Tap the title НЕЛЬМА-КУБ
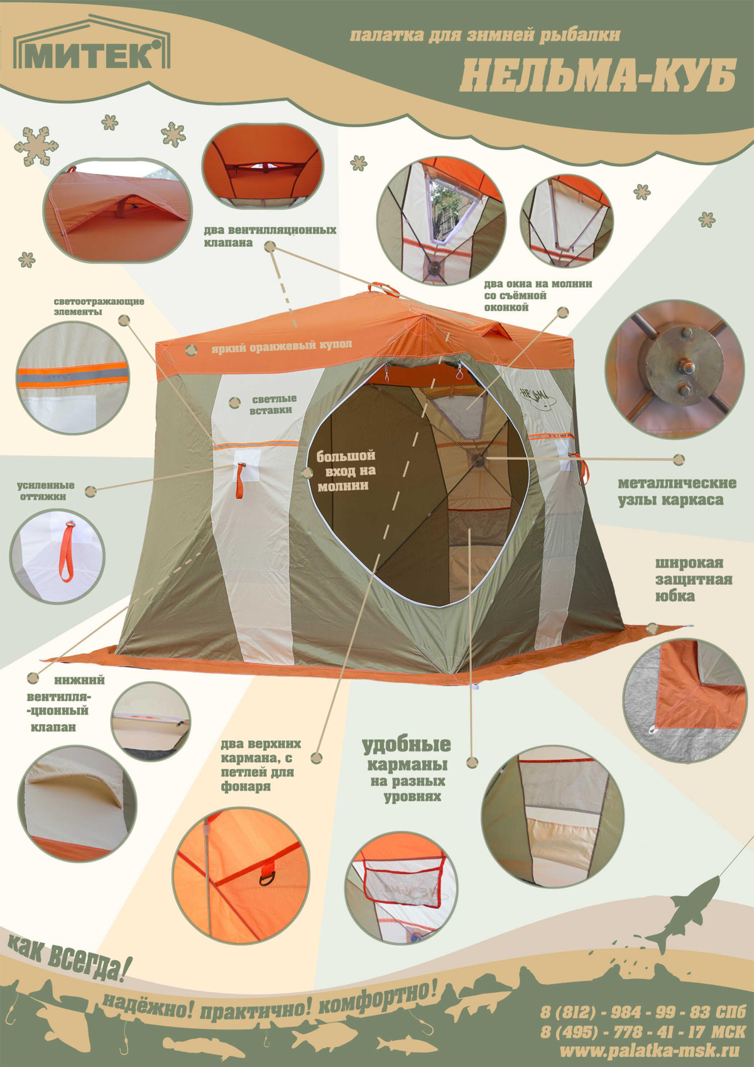point(598,75)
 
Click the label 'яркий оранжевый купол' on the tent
point(282,346)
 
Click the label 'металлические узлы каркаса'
point(677,491)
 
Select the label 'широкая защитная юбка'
point(694,579)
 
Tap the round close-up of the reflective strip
point(74,377)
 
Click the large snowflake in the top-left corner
point(36,145)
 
